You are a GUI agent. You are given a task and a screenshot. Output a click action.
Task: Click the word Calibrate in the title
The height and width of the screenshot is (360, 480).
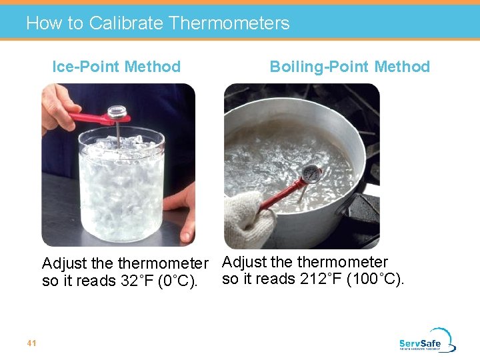[126, 23]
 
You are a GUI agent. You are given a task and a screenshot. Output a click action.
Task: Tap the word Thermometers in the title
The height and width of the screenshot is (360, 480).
[229, 23]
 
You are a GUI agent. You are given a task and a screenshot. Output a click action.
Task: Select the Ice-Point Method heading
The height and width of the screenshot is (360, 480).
[117, 67]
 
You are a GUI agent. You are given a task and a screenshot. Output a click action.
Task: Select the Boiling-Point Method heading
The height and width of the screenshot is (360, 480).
[349, 67]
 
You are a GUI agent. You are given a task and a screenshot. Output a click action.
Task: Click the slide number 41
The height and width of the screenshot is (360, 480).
[31, 343]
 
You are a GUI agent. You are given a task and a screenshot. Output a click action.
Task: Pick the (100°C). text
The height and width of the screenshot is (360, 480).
[376, 279]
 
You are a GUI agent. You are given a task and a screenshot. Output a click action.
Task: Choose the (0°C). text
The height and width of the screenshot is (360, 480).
[176, 281]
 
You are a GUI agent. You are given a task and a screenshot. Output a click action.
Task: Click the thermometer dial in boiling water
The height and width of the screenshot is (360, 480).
[311, 173]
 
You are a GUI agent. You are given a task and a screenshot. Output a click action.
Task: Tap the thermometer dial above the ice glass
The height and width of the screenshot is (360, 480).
[118, 111]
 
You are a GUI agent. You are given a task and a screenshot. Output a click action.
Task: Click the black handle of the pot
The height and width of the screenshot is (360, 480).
[363, 213]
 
